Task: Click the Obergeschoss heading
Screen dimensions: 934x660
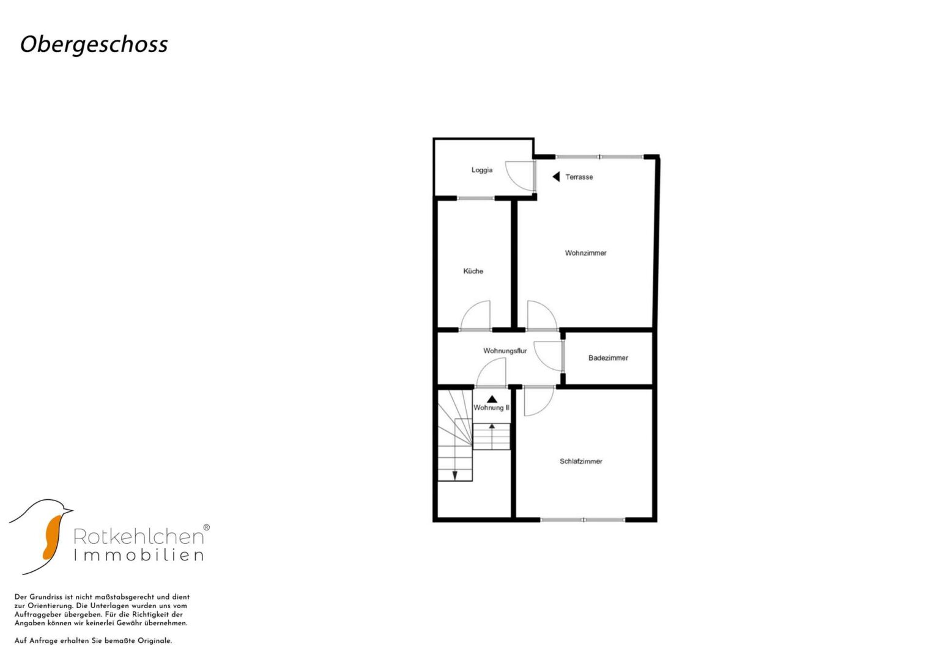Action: pyautogui.click(x=94, y=45)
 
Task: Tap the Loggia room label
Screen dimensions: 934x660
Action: pyautogui.click(x=481, y=170)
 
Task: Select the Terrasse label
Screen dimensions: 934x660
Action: pyautogui.click(x=579, y=177)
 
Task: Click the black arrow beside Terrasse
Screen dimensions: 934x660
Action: pyautogui.click(x=556, y=177)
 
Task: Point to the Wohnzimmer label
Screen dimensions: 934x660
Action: pyautogui.click(x=585, y=253)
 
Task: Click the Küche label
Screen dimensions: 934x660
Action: pyautogui.click(x=473, y=271)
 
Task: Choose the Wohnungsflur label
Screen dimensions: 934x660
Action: pyautogui.click(x=505, y=351)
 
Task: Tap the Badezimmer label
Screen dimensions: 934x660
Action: pyautogui.click(x=608, y=358)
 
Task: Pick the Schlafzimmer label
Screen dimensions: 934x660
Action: pyautogui.click(x=581, y=461)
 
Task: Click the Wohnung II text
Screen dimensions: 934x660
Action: pyautogui.click(x=491, y=408)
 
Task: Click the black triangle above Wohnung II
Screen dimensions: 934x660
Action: pyautogui.click(x=492, y=399)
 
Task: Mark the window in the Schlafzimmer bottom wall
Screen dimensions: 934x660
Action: pyautogui.click(x=583, y=519)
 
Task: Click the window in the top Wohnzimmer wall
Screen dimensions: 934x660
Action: pyautogui.click(x=599, y=157)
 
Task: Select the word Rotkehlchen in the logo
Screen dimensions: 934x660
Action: pyautogui.click(x=138, y=537)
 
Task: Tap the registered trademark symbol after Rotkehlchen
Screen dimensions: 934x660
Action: pyautogui.click(x=206, y=527)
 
